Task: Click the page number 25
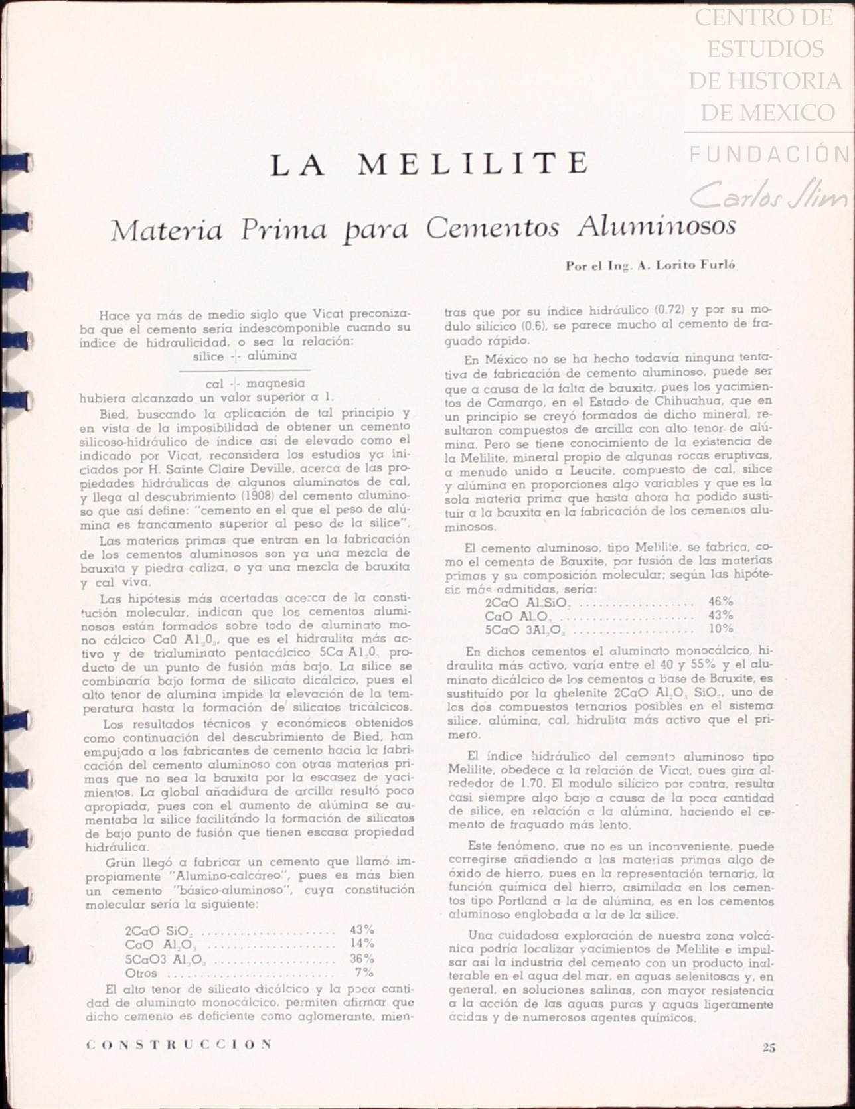click(769, 1048)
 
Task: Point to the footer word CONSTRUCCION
click(179, 1044)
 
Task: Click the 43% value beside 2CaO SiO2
click(362, 930)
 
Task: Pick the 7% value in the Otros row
click(365, 973)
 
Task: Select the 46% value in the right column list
click(720, 602)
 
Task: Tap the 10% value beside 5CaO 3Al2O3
click(720, 628)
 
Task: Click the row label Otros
click(141, 973)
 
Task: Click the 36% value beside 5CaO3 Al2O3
click(362, 958)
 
